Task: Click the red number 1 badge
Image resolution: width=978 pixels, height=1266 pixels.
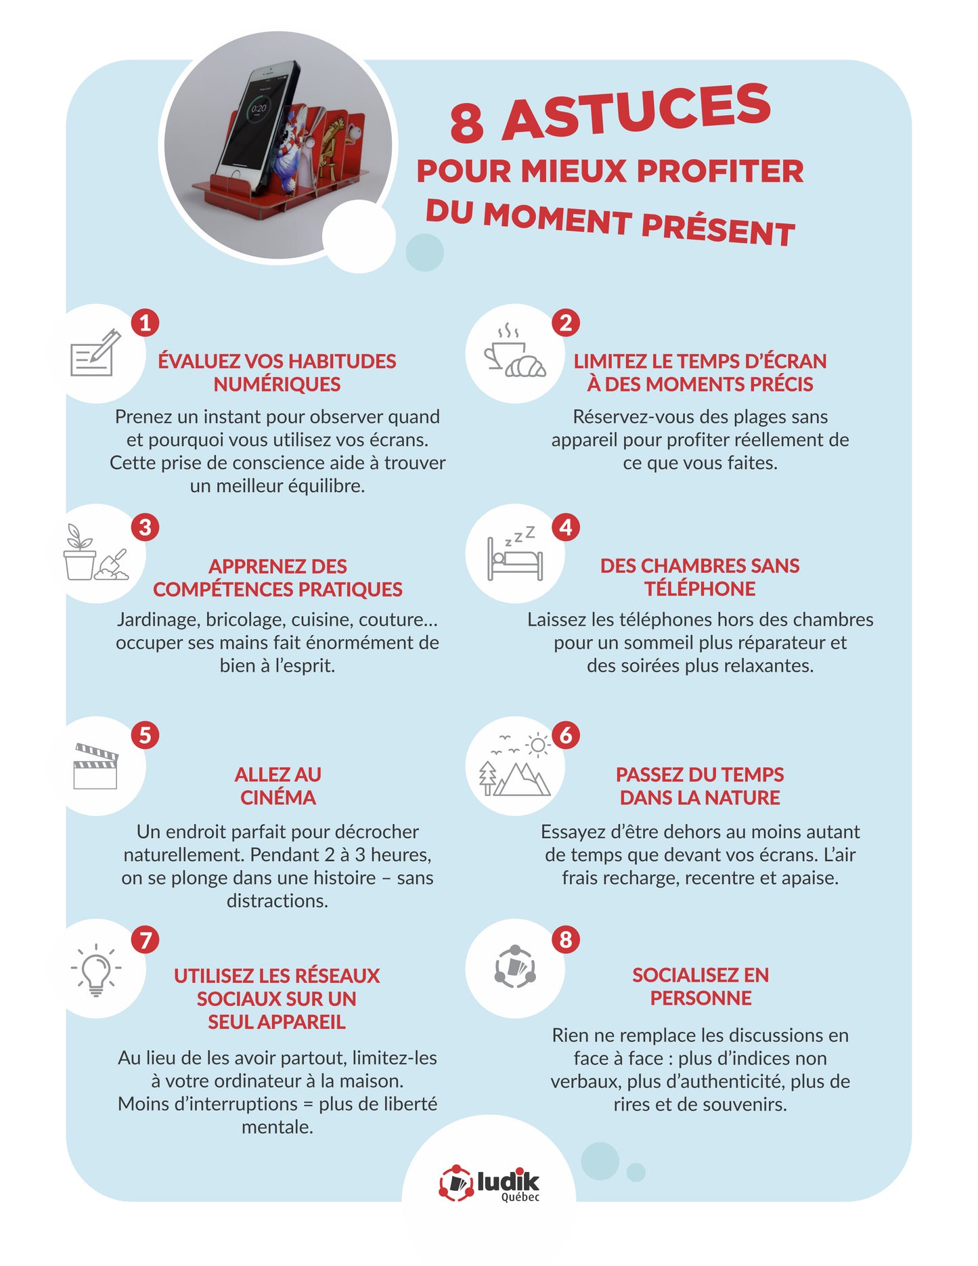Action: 145,323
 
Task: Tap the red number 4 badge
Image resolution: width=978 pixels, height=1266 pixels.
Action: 566,527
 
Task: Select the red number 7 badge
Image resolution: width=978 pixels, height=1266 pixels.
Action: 145,940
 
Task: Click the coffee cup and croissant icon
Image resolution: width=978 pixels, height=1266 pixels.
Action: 514,351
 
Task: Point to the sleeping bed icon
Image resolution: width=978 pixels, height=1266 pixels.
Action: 515,552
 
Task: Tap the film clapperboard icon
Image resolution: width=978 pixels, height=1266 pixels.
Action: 95,766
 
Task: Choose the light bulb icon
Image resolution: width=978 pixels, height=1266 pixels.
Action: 96,969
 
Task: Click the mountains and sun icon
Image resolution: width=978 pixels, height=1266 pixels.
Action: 515,764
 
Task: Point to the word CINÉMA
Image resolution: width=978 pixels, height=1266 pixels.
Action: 278,798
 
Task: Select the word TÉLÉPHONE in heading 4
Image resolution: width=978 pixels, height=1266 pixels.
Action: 700,588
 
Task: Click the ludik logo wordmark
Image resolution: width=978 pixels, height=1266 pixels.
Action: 508,1181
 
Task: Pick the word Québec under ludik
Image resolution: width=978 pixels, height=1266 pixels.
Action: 520,1197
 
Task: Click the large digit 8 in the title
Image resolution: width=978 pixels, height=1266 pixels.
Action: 467,124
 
